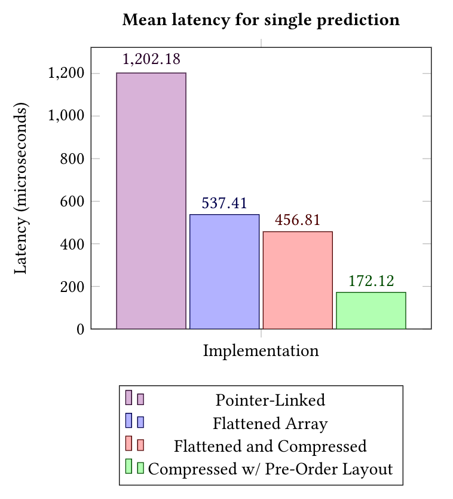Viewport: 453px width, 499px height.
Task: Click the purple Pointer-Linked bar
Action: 151,200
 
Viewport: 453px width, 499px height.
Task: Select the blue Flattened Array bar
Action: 224,271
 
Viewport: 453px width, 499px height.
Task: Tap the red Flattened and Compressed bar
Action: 298,280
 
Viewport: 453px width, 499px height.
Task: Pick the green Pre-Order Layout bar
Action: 371,310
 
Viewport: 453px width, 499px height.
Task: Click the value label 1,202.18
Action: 151,59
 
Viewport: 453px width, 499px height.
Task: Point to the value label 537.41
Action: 224,203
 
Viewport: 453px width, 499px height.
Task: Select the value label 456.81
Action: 298,220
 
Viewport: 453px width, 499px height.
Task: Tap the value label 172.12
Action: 371,281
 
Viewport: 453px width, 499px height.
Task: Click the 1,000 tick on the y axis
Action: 66,116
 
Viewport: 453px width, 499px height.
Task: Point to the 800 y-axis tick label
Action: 72,159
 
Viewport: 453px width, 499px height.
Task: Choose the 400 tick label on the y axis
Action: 72,244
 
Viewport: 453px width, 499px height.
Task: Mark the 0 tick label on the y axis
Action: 79,329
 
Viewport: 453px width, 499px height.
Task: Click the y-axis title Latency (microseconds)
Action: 21,188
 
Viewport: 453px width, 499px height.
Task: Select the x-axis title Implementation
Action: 261,351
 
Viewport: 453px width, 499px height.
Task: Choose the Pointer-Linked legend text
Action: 270,400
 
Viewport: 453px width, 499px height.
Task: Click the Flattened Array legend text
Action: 270,424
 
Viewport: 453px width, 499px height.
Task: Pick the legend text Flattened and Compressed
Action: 270,446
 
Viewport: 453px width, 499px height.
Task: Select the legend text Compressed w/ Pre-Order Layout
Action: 270,469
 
